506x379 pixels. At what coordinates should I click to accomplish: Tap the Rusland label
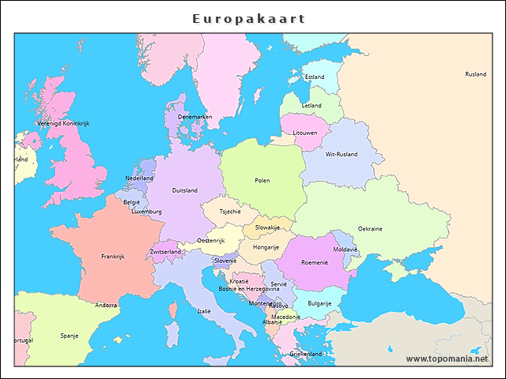[x=475, y=74]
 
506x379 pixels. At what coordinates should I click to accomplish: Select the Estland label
[x=315, y=77]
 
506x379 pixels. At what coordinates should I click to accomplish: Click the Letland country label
[x=312, y=105]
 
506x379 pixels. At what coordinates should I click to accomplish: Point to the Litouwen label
[x=305, y=133]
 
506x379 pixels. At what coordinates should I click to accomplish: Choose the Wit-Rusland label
[x=342, y=154]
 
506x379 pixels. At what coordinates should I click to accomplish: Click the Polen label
[x=262, y=180]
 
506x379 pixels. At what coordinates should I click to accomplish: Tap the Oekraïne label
[x=369, y=229]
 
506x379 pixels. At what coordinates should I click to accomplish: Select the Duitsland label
[x=185, y=190]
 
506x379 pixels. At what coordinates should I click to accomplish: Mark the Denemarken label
[x=194, y=117]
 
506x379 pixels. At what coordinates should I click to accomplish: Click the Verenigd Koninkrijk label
[x=63, y=123]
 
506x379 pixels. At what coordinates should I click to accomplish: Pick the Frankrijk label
[x=113, y=256]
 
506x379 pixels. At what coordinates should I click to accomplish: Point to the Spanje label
[x=69, y=336]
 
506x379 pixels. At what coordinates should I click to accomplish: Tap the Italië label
[x=204, y=311]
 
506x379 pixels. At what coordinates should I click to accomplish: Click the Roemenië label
[x=314, y=262]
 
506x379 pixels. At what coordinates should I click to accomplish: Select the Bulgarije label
[x=319, y=302]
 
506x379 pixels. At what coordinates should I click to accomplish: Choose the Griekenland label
[x=306, y=355]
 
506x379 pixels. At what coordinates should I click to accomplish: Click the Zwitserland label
[x=165, y=252]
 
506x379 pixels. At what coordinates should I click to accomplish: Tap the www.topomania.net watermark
[x=447, y=358]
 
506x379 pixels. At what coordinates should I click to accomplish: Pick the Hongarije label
[x=266, y=247]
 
